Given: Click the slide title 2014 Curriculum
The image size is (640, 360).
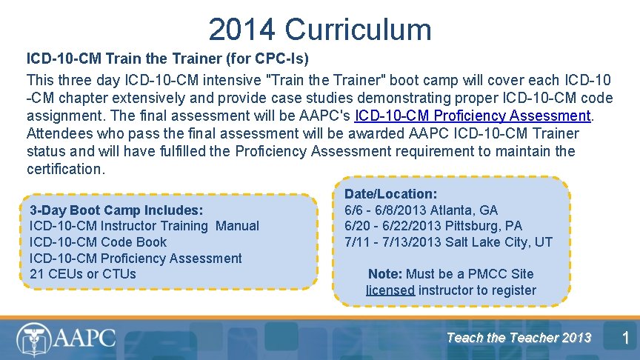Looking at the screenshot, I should (x=319, y=30).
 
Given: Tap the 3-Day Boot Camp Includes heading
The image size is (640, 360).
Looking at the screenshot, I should (x=116, y=210).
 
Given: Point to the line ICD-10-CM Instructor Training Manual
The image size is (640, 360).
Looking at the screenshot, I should (x=144, y=226).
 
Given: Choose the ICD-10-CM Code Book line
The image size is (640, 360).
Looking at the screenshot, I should (x=98, y=242).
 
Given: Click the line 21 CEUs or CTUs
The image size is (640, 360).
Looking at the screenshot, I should (x=83, y=274).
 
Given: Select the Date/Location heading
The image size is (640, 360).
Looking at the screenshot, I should (x=391, y=194).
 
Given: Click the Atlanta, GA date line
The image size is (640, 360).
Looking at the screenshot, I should (x=421, y=210).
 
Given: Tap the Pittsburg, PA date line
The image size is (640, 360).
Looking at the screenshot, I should (x=433, y=226).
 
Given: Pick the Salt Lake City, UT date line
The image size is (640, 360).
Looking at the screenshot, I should (x=448, y=242).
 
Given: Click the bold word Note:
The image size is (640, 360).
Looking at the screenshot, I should (x=384, y=274).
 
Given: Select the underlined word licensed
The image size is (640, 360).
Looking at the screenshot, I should (x=390, y=290).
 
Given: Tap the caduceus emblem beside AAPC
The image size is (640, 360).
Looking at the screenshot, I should (x=31, y=339).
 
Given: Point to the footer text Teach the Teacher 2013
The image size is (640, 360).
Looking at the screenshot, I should (x=519, y=338).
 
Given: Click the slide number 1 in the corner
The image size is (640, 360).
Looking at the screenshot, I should (x=624, y=339).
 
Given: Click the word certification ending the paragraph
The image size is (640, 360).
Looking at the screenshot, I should (x=65, y=169).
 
